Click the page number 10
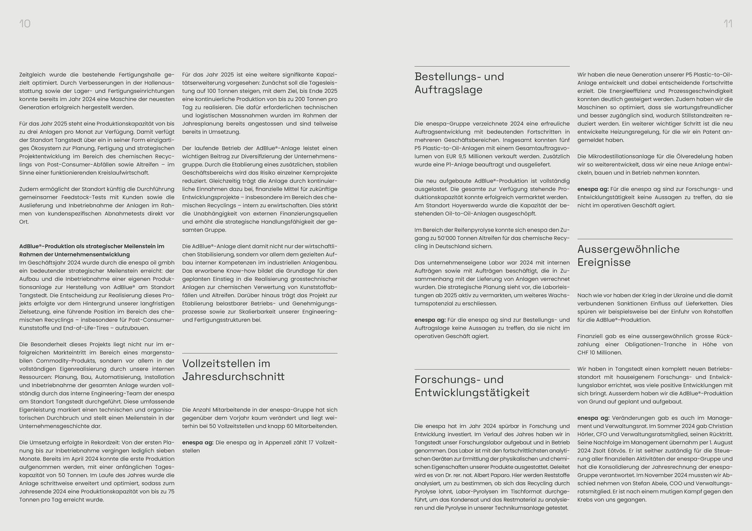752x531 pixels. click(x=25, y=24)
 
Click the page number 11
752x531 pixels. click(x=728, y=24)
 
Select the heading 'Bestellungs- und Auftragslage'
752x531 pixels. click(x=459, y=83)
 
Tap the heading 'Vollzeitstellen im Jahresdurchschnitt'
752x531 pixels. click(x=233, y=370)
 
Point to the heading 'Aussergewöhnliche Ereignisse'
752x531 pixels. click(x=628, y=256)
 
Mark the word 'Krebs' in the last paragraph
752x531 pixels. click(x=586, y=500)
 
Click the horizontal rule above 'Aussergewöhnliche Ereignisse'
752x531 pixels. click(x=655, y=239)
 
